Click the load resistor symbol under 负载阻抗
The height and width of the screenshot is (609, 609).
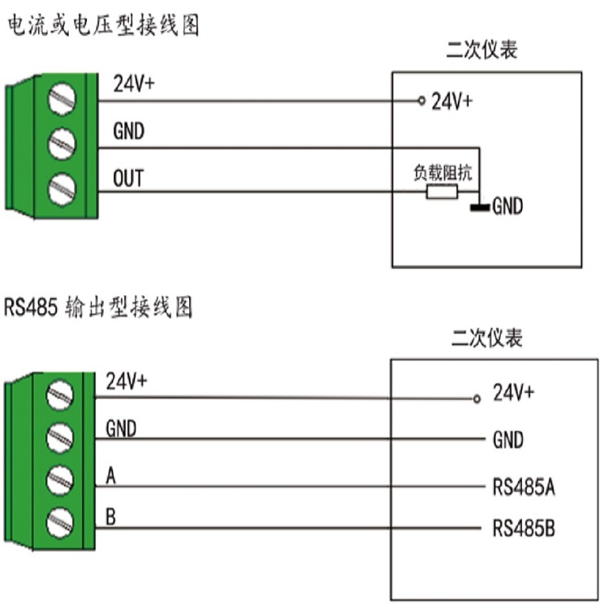442,192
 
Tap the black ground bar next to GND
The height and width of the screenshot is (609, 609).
480,207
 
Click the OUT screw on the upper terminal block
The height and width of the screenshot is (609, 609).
62,189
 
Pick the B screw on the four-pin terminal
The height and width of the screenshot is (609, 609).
59,523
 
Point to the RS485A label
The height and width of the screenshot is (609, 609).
524,486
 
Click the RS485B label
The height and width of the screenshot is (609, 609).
524,529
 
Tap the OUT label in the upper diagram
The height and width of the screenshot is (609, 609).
128,179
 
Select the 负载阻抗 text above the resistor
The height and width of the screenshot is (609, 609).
443,172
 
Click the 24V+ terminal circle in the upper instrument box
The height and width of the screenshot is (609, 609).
421,101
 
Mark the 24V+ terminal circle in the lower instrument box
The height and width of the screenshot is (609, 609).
477,399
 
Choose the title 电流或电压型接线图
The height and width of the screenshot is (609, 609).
104,26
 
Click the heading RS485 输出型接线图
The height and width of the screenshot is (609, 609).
98,307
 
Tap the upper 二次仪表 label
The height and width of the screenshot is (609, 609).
482,50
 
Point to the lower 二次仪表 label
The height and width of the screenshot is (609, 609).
487,338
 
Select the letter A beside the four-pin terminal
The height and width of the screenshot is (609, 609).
110,475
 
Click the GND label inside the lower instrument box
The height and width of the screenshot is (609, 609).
508,440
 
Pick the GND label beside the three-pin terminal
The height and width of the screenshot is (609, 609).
128,131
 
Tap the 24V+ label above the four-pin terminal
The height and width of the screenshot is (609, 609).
126,381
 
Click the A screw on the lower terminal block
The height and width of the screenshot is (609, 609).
59,481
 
